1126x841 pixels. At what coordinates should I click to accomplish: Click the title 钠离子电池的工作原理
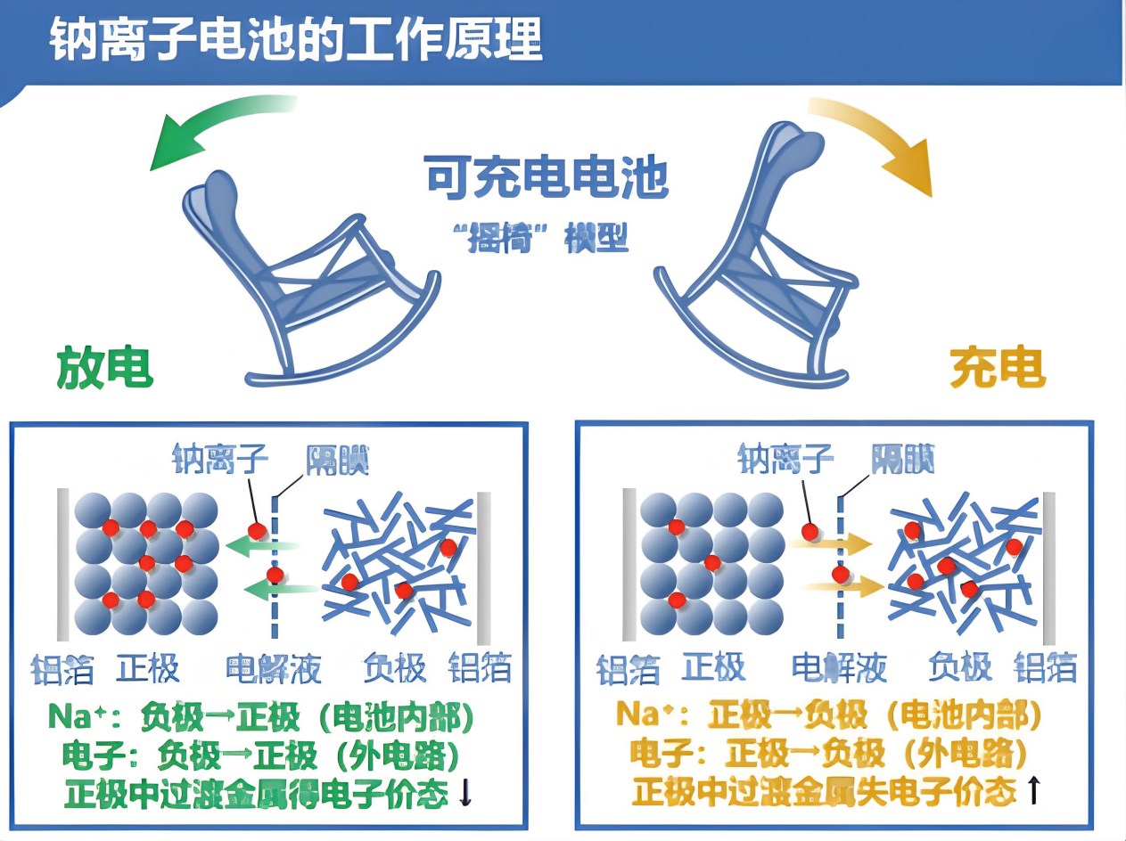point(295,41)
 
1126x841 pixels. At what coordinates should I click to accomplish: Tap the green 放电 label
point(105,367)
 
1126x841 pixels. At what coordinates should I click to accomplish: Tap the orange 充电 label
point(997,367)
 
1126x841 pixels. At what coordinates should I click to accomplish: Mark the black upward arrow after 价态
point(1032,790)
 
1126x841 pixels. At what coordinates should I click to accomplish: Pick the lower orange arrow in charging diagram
point(842,585)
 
